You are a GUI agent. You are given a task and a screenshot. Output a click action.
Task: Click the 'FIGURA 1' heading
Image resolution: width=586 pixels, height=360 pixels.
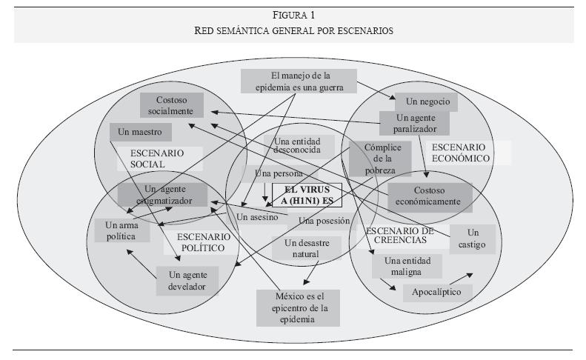293,16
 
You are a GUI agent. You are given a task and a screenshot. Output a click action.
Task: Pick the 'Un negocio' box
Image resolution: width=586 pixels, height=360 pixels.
426,101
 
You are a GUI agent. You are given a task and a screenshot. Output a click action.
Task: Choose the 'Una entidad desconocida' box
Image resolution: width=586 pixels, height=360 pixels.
304,146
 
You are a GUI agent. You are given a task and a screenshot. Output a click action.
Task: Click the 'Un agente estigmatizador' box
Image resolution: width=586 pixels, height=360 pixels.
165,194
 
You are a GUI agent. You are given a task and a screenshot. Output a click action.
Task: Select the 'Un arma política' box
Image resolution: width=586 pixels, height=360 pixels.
122,230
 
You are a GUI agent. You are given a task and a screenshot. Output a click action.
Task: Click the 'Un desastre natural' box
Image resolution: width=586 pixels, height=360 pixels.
306,248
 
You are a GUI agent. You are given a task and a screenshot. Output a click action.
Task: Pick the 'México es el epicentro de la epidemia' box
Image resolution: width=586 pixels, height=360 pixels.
290,307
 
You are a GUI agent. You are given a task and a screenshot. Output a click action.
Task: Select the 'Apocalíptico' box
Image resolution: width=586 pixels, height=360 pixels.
438,292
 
